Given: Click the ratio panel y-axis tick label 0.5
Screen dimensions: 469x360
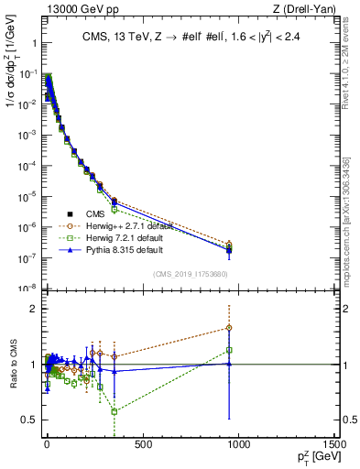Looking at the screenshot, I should click(x=29, y=420).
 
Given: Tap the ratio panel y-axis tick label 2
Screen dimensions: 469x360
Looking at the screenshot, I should click(x=33, y=309).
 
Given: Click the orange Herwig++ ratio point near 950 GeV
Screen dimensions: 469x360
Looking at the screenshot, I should click(x=229, y=327).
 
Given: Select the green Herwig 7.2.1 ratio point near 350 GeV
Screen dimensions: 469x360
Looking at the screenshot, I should click(x=114, y=411).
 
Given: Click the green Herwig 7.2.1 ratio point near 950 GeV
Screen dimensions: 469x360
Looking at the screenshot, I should click(x=229, y=350).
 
